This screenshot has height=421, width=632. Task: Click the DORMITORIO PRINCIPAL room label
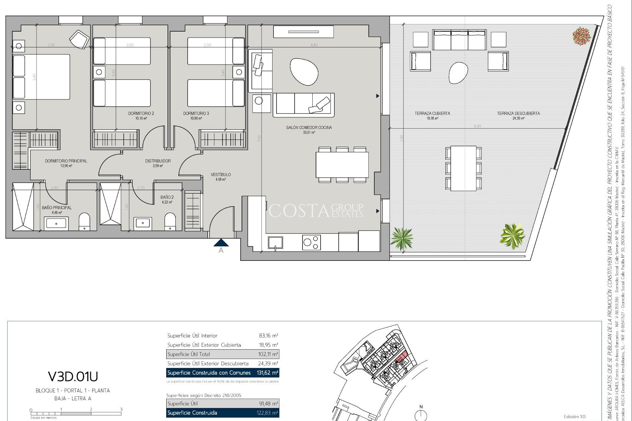coord(66,161)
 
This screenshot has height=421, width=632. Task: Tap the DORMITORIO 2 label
coord(141,113)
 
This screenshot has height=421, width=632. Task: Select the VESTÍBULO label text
coord(221,175)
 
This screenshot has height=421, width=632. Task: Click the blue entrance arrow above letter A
coord(221,243)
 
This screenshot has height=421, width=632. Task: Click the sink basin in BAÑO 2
coord(143,223)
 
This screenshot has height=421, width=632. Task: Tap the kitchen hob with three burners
coord(311,243)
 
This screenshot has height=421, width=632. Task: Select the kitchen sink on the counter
coord(275,243)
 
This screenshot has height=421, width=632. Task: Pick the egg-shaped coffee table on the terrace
coord(458,73)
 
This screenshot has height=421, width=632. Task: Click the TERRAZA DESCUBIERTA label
coord(518,113)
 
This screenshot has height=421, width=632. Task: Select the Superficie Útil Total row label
coord(189,354)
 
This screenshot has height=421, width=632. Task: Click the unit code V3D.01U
coord(73,376)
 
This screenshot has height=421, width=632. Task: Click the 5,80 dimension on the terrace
coord(477,126)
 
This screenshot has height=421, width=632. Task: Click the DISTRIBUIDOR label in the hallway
coord(158,161)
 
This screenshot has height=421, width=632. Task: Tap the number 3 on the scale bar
coord(121,409)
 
